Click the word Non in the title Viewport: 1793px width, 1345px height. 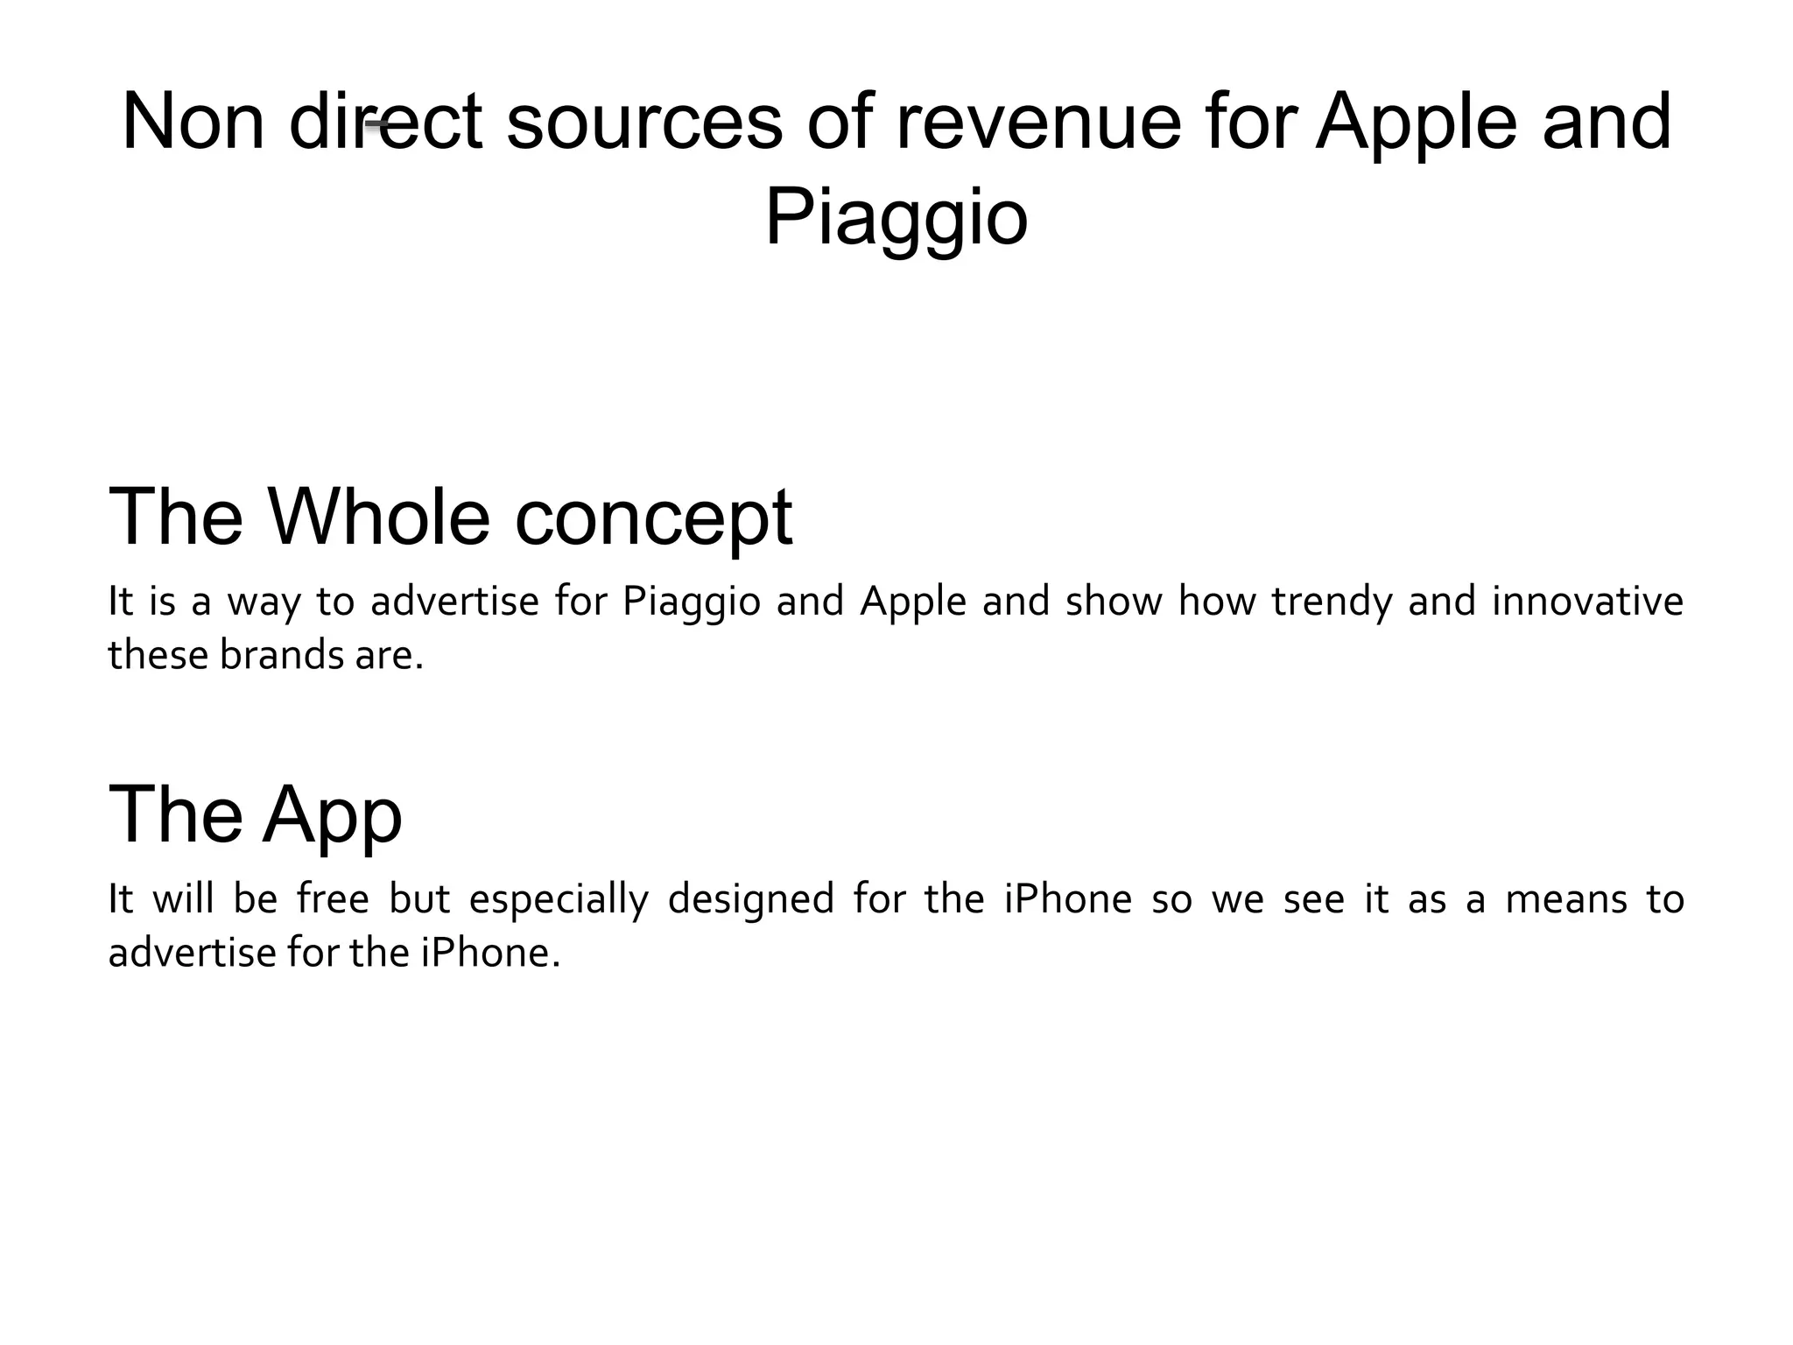point(193,122)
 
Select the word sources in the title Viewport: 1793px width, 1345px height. point(643,122)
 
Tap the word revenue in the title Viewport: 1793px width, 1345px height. point(1037,122)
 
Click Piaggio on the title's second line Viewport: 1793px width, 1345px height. point(896,218)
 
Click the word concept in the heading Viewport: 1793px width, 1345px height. point(653,518)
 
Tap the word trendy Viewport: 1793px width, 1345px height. point(1331,602)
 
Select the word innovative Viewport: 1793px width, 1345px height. point(1587,601)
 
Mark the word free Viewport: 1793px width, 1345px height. point(333,899)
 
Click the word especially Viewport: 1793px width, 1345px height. point(559,901)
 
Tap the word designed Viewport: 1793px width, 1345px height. point(750,901)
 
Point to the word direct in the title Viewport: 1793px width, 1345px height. point(385,122)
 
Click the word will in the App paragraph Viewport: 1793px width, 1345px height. point(184,899)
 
